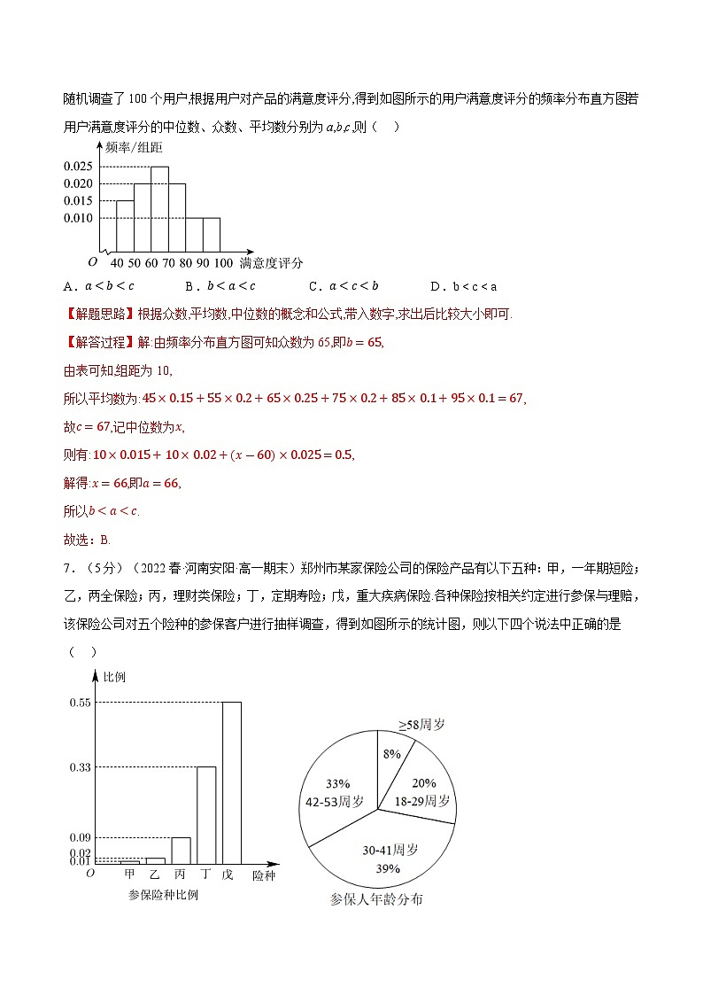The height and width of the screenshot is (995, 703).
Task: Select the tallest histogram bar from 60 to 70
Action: click(159, 209)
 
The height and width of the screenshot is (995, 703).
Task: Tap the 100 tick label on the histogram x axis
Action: click(223, 263)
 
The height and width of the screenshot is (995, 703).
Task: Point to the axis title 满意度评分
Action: click(271, 263)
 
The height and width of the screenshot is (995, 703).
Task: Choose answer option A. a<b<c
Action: click(99, 286)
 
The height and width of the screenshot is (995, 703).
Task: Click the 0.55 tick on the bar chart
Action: click(80, 703)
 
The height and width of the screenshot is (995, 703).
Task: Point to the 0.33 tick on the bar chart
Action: click(80, 767)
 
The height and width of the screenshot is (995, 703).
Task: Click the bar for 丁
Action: click(205, 814)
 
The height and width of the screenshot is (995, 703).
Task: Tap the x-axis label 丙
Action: click(180, 875)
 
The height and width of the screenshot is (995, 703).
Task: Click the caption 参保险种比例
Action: click(163, 895)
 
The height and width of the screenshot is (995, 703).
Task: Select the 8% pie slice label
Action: click(391, 753)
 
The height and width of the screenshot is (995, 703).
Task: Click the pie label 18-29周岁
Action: click(422, 800)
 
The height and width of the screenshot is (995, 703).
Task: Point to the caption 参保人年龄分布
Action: click(376, 899)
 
